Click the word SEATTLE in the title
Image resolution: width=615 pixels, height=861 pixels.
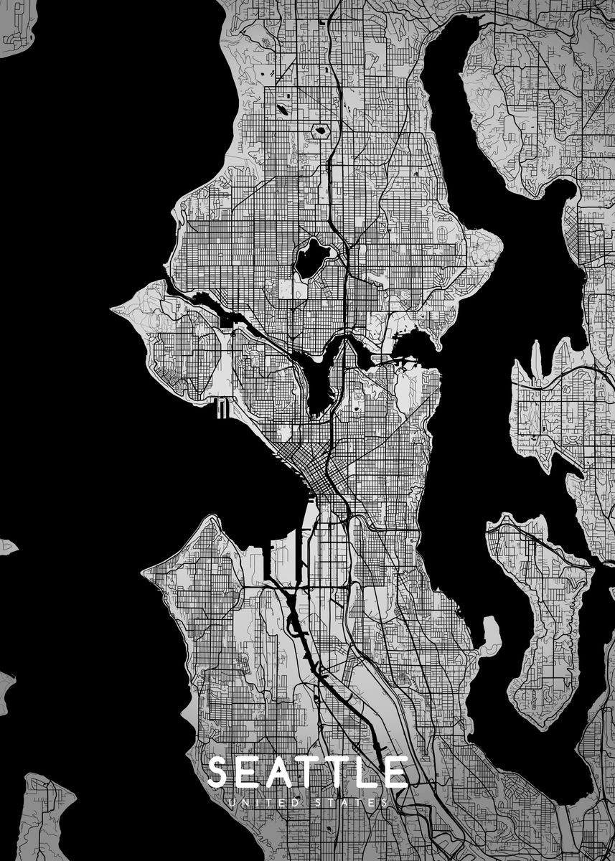(x=307, y=773)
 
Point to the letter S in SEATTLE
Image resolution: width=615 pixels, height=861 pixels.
(x=220, y=773)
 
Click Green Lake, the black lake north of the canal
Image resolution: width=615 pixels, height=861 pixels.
(x=311, y=258)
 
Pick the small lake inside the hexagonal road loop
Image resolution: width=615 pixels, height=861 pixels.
(x=320, y=131)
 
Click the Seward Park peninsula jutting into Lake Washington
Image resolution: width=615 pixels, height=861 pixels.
(x=491, y=634)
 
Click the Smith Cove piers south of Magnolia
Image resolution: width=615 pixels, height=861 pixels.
(x=222, y=409)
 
